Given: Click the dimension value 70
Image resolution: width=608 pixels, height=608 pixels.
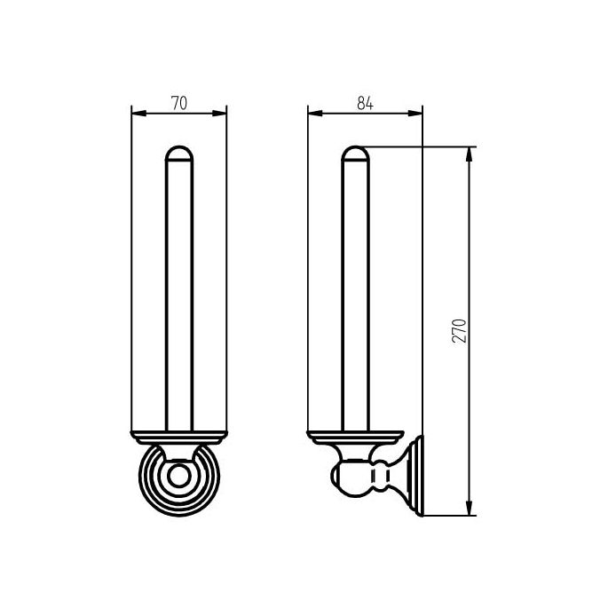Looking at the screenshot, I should coord(178,103).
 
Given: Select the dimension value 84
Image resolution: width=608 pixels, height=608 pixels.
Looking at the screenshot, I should coord(364,103).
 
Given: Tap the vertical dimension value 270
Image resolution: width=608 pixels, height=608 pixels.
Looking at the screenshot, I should coord(460,331).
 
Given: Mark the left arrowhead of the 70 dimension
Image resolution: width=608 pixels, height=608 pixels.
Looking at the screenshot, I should coord(136,112).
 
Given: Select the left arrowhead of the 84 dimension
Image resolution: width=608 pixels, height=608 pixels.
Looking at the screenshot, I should coord(312,112).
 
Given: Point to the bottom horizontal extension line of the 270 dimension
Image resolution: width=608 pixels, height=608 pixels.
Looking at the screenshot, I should coord(448,515).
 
